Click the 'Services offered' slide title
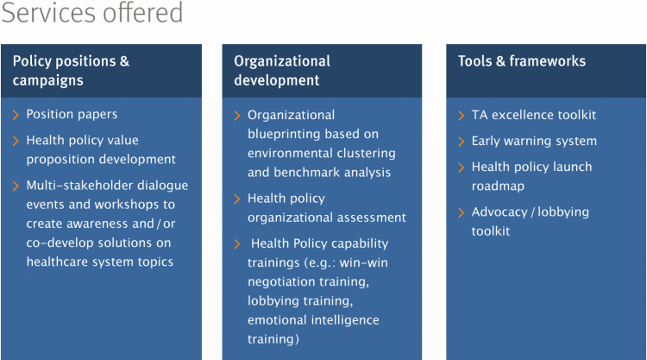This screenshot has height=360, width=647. tap(92, 12)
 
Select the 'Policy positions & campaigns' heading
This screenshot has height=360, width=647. tap(71, 71)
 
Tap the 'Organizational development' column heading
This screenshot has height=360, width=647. tap(282, 71)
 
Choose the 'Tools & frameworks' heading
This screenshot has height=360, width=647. tap(522, 61)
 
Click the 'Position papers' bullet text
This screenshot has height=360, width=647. tap(72, 114)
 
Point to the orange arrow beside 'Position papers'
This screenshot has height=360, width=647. tap(16, 115)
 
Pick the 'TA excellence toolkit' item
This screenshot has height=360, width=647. tap(533, 115)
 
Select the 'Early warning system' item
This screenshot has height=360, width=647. tap(534, 142)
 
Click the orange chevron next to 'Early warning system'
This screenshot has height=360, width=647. tap(462, 142)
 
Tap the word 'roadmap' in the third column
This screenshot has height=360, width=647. tap(498, 186)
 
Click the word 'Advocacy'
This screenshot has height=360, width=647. tap(499, 212)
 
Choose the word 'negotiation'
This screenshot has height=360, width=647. tap(279, 281)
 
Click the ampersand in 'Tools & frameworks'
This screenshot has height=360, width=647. tap(500, 61)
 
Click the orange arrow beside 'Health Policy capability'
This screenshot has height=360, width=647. tap(237, 244)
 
